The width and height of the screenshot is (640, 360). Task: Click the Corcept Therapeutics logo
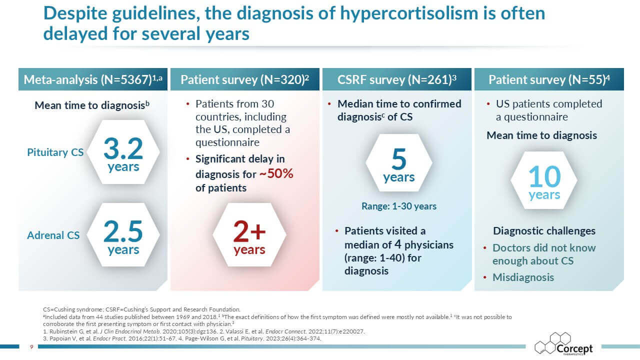click(563, 344)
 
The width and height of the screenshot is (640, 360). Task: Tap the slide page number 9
click(31, 346)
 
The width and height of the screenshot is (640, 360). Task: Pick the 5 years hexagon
click(398, 165)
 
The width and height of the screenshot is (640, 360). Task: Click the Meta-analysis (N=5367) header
click(93, 80)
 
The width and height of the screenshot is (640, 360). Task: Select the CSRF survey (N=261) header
click(397, 80)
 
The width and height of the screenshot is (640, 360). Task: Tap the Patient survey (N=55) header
click(549, 80)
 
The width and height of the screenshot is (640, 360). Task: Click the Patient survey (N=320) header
click(245, 80)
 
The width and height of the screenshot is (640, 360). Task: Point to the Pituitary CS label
click(55, 152)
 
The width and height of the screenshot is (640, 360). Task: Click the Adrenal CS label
click(53, 235)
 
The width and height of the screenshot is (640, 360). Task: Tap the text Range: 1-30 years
click(399, 206)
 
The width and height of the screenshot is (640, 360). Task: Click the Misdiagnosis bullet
click(523, 277)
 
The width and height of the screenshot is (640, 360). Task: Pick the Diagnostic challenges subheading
click(544, 231)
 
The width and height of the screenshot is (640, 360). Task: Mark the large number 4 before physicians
click(396, 245)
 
